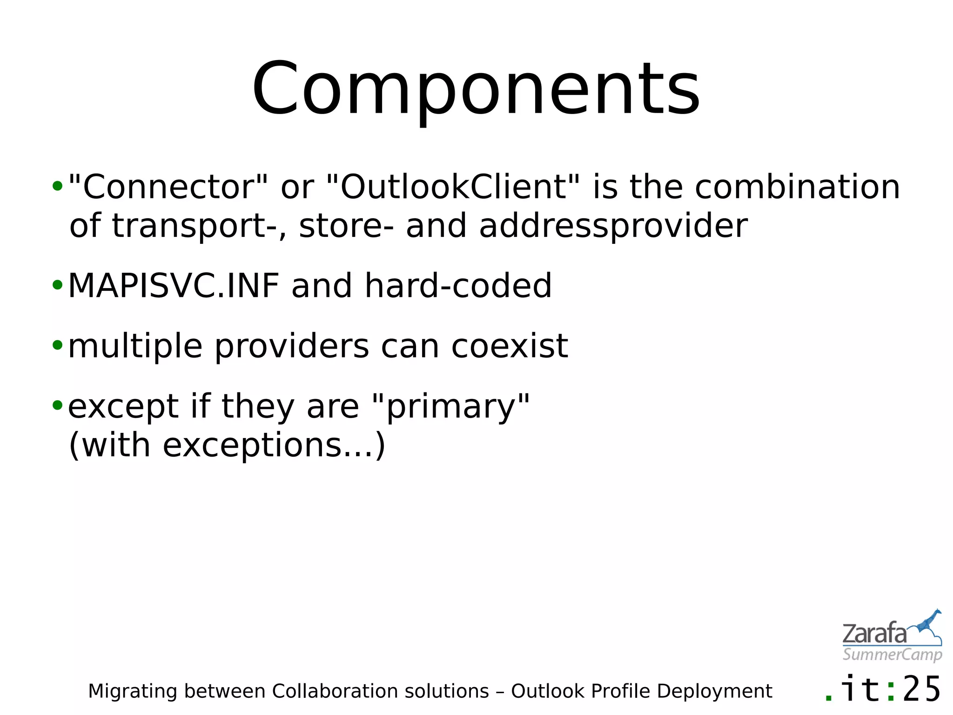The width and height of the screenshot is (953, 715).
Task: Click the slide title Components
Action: pos(476,88)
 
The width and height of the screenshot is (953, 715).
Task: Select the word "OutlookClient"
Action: pos(454,187)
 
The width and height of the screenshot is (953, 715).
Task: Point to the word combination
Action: pos(797,187)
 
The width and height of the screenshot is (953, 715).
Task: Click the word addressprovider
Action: pos(613,226)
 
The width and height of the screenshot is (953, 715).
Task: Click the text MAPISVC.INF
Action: pos(174,285)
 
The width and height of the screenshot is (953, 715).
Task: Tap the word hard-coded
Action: pos(458,285)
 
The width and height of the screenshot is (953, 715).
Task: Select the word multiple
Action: pos(135,347)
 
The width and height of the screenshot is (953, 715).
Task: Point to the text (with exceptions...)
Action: pos(227,445)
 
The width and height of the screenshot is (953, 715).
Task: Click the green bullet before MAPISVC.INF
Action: pos(57,285)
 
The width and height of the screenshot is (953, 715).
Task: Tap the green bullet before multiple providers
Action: pos(57,345)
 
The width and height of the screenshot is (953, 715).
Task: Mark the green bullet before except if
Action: pos(57,405)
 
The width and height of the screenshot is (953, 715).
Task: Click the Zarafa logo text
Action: pos(874,634)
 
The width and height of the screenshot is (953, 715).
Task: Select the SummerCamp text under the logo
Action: pos(892,654)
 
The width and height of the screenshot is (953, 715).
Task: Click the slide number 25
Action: pos(922,690)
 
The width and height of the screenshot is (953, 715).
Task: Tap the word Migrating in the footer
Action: pos(133,692)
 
